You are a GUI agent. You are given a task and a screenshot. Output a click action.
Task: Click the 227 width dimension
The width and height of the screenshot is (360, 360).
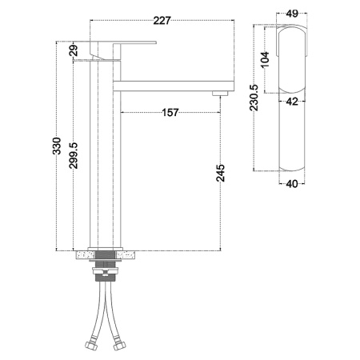click(x=162, y=21)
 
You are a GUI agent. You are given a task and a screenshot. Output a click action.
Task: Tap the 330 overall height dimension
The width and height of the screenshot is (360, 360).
click(x=57, y=146)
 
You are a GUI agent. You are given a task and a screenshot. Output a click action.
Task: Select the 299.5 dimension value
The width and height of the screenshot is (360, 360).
click(x=74, y=155)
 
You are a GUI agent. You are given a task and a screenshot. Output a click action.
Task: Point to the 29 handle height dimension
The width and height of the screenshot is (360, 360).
click(x=74, y=50)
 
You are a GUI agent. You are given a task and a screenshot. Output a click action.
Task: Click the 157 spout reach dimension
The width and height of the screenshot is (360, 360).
click(x=170, y=113)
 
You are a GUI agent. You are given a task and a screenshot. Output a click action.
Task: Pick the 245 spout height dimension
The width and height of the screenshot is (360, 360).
click(x=221, y=173)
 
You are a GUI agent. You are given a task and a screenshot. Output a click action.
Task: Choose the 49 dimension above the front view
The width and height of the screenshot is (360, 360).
click(x=292, y=14)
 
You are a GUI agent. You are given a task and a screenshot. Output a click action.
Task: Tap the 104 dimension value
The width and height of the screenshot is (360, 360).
click(x=265, y=59)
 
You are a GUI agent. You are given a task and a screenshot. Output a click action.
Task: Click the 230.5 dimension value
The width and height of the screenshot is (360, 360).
click(x=254, y=98)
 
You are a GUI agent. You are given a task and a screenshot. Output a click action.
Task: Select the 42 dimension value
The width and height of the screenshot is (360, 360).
click(x=292, y=102)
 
